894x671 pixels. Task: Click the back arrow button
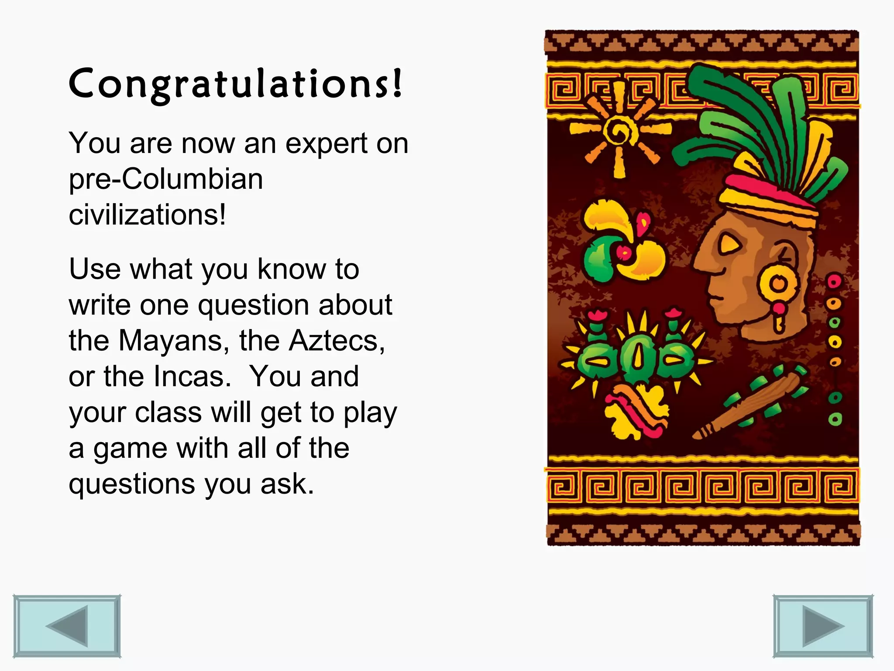click(67, 626)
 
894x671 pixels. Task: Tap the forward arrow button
click(823, 626)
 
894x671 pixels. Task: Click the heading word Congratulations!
click(235, 84)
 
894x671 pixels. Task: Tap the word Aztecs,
click(337, 341)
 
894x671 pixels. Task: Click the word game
click(130, 449)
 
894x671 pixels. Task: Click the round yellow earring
click(777, 284)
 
